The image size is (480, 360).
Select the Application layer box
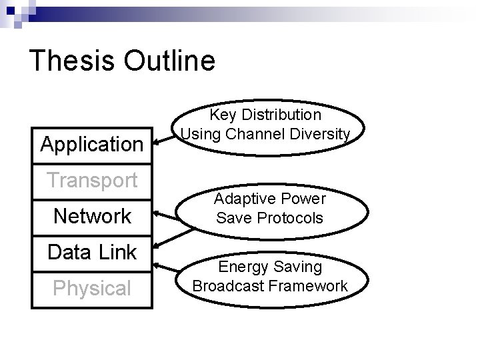point(92,143)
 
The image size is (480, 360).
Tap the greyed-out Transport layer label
point(92,180)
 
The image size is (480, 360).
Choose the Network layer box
point(92,216)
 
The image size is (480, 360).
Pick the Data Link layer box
point(92,253)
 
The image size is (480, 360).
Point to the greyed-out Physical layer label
point(92,289)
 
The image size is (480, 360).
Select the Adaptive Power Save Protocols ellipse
point(269,208)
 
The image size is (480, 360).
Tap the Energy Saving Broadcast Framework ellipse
point(269,277)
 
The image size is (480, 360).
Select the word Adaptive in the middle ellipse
point(243,199)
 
